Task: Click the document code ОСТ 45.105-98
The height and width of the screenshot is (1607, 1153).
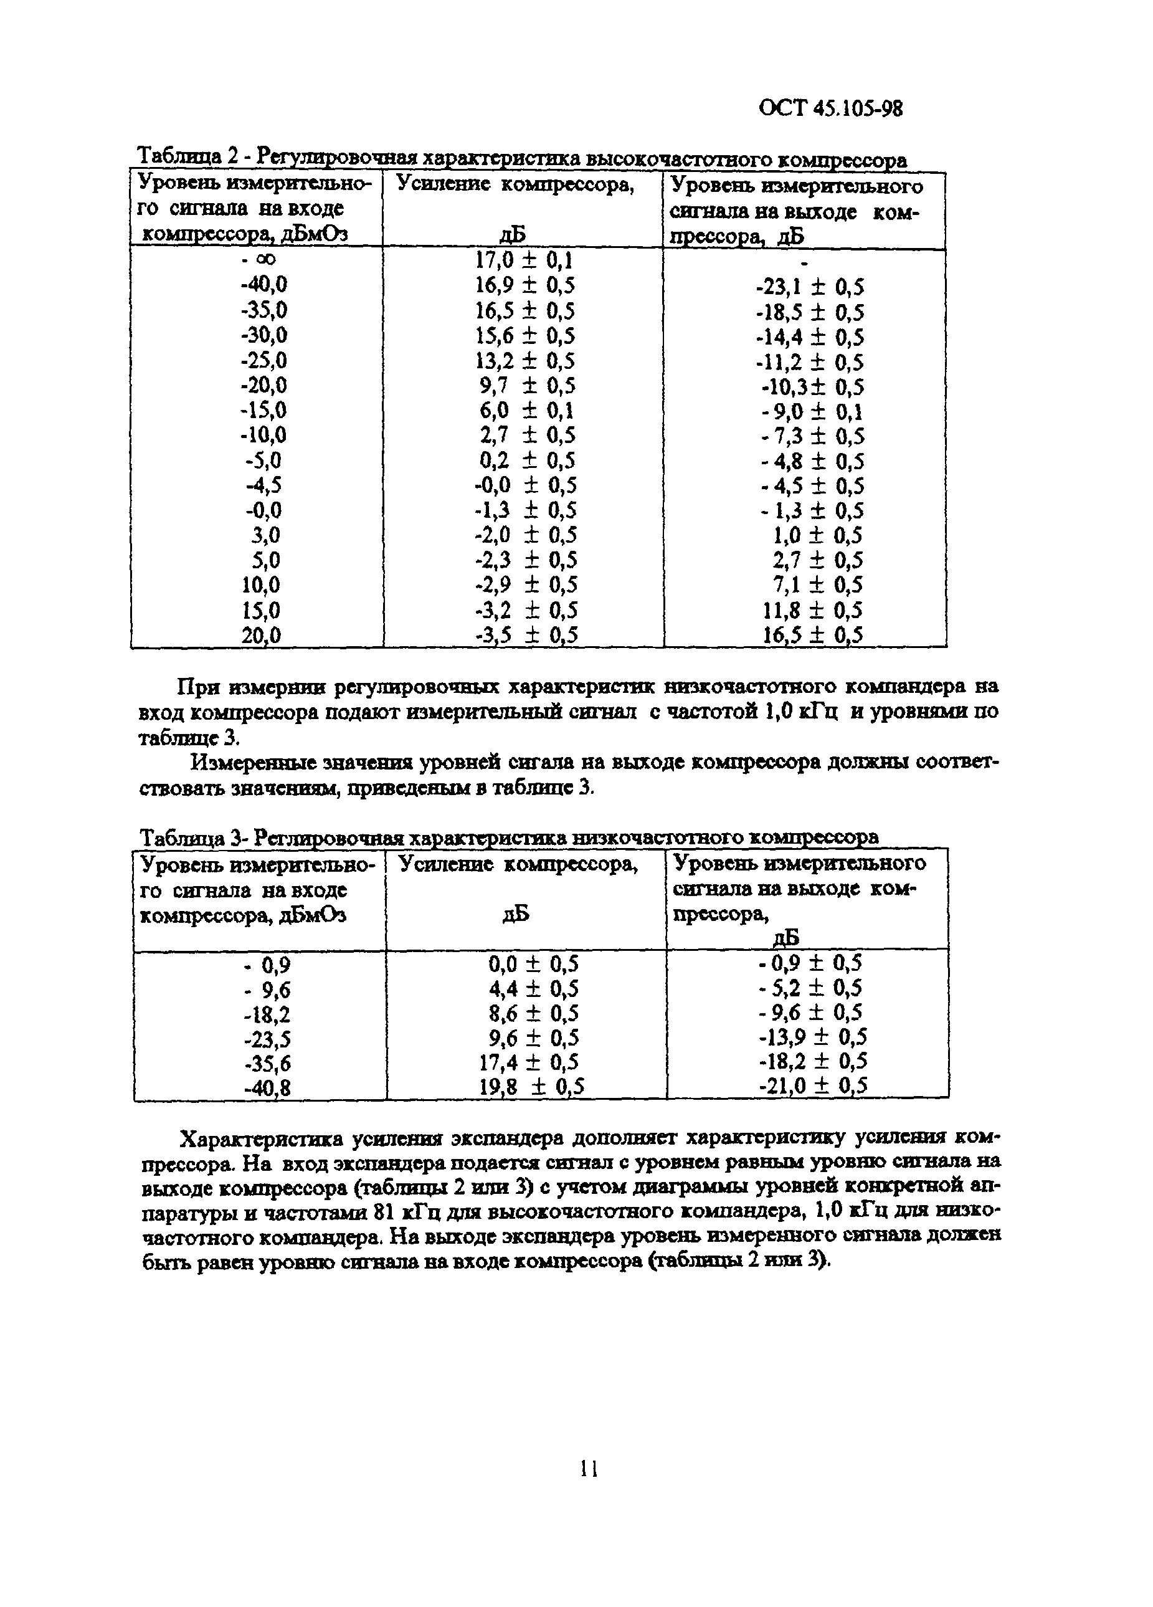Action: pos(830,108)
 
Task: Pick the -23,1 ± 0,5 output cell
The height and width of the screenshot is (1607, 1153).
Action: pos(810,287)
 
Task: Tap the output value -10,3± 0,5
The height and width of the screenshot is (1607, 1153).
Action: pos(812,387)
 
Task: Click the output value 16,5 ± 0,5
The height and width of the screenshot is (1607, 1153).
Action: pos(812,635)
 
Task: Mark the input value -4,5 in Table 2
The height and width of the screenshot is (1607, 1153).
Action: pos(263,485)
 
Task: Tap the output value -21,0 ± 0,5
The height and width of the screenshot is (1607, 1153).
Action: pos(812,1085)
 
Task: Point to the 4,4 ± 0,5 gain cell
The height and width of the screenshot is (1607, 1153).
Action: pos(533,988)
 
